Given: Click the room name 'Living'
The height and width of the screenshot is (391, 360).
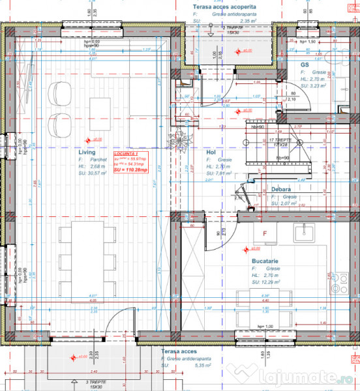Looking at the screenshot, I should [87, 151].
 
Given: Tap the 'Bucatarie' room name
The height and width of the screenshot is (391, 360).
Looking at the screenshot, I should [267, 260].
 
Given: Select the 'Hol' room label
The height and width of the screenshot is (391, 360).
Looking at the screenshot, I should [211, 151].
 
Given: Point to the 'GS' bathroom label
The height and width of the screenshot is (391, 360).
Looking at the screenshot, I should [305, 65].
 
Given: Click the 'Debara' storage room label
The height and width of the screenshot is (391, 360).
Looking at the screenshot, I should [282, 190].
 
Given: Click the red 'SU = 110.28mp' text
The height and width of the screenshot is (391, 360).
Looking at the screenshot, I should [130, 169].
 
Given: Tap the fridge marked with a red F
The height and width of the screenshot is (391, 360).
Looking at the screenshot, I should [265, 233].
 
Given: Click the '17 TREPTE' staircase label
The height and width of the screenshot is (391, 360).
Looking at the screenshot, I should [282, 139].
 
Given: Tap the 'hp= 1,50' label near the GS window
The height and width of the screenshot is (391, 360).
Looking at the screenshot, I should [307, 41].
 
